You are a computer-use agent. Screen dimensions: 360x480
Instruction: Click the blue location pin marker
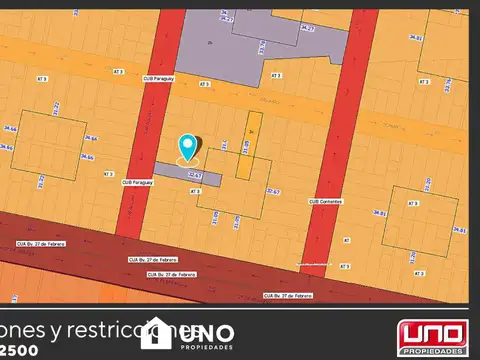point(188,148)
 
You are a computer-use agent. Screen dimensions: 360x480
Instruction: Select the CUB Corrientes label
point(325,200)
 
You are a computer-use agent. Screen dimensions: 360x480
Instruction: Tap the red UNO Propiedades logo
point(432,336)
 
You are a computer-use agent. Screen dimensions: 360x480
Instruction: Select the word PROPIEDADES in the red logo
point(432,351)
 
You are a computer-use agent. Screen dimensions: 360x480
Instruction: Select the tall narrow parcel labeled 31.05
point(249,145)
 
